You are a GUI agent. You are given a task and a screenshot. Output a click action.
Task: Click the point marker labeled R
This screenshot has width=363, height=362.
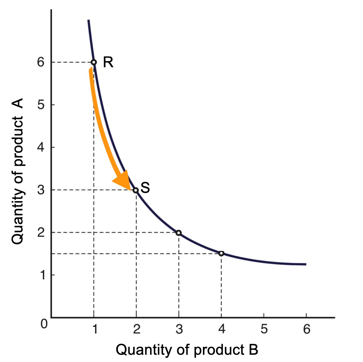click(x=94, y=62)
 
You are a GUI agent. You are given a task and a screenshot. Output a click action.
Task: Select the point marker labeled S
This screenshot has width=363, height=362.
click(x=136, y=190)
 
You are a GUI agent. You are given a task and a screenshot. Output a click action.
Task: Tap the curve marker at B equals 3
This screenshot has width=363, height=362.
click(x=179, y=233)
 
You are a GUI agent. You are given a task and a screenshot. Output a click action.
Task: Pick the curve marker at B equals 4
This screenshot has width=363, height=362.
click(x=221, y=253)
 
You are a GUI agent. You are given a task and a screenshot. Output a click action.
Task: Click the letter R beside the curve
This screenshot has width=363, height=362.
click(x=108, y=62)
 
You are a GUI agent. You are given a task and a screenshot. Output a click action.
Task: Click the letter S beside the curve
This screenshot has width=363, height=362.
click(x=145, y=188)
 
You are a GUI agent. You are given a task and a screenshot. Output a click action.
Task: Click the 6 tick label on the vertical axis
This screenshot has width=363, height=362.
click(x=41, y=62)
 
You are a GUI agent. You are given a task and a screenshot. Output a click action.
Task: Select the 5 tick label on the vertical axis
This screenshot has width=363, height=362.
click(x=41, y=105)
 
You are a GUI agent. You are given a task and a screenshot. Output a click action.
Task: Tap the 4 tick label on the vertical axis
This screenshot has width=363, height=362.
click(x=41, y=147)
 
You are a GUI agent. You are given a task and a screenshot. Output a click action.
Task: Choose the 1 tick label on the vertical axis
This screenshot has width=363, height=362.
click(x=42, y=275)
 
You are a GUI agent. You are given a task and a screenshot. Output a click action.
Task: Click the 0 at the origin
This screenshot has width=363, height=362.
click(x=44, y=323)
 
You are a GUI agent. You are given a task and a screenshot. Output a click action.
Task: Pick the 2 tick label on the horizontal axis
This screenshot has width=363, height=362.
click(x=136, y=329)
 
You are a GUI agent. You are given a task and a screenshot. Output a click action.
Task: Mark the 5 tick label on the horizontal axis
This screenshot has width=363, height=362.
click(x=264, y=329)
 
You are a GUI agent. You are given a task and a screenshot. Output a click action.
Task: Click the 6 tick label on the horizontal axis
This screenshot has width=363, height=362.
click(x=307, y=329)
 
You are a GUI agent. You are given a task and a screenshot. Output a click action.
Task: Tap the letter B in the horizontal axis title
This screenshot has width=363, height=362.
click(x=253, y=350)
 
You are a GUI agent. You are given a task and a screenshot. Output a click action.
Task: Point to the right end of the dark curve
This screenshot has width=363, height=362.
click(x=305, y=264)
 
